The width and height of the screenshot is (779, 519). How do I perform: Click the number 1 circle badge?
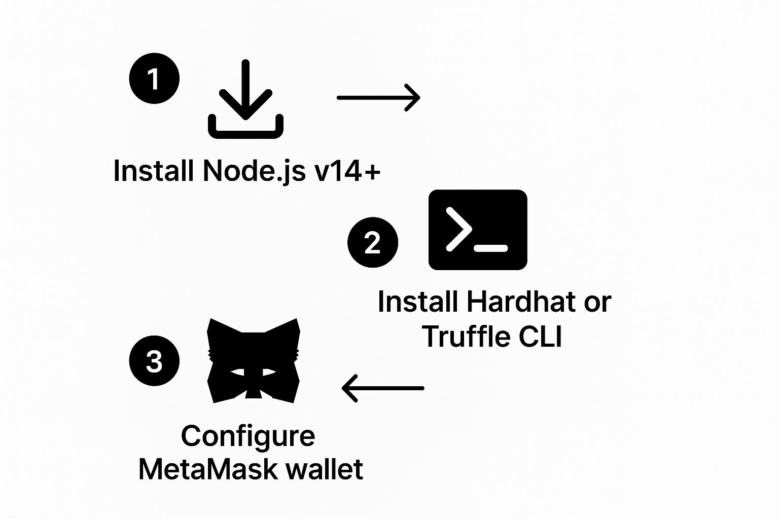pos(154,78)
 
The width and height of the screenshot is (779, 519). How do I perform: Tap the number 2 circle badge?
pos(372,242)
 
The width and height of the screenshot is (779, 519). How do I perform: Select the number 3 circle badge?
pos(154,361)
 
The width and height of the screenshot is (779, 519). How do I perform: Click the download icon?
pos(245,99)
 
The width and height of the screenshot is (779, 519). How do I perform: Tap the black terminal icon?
pos(478,230)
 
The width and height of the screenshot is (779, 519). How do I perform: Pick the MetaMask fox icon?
pos(254,361)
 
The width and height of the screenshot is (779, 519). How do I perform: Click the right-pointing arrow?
pos(378,98)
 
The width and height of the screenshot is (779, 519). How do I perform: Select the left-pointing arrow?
pos(383,388)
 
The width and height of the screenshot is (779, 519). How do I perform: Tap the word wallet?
pos(324,469)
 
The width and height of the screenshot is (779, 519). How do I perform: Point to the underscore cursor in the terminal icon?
pos(491,248)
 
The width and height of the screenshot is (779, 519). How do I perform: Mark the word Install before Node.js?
pos(153,171)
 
